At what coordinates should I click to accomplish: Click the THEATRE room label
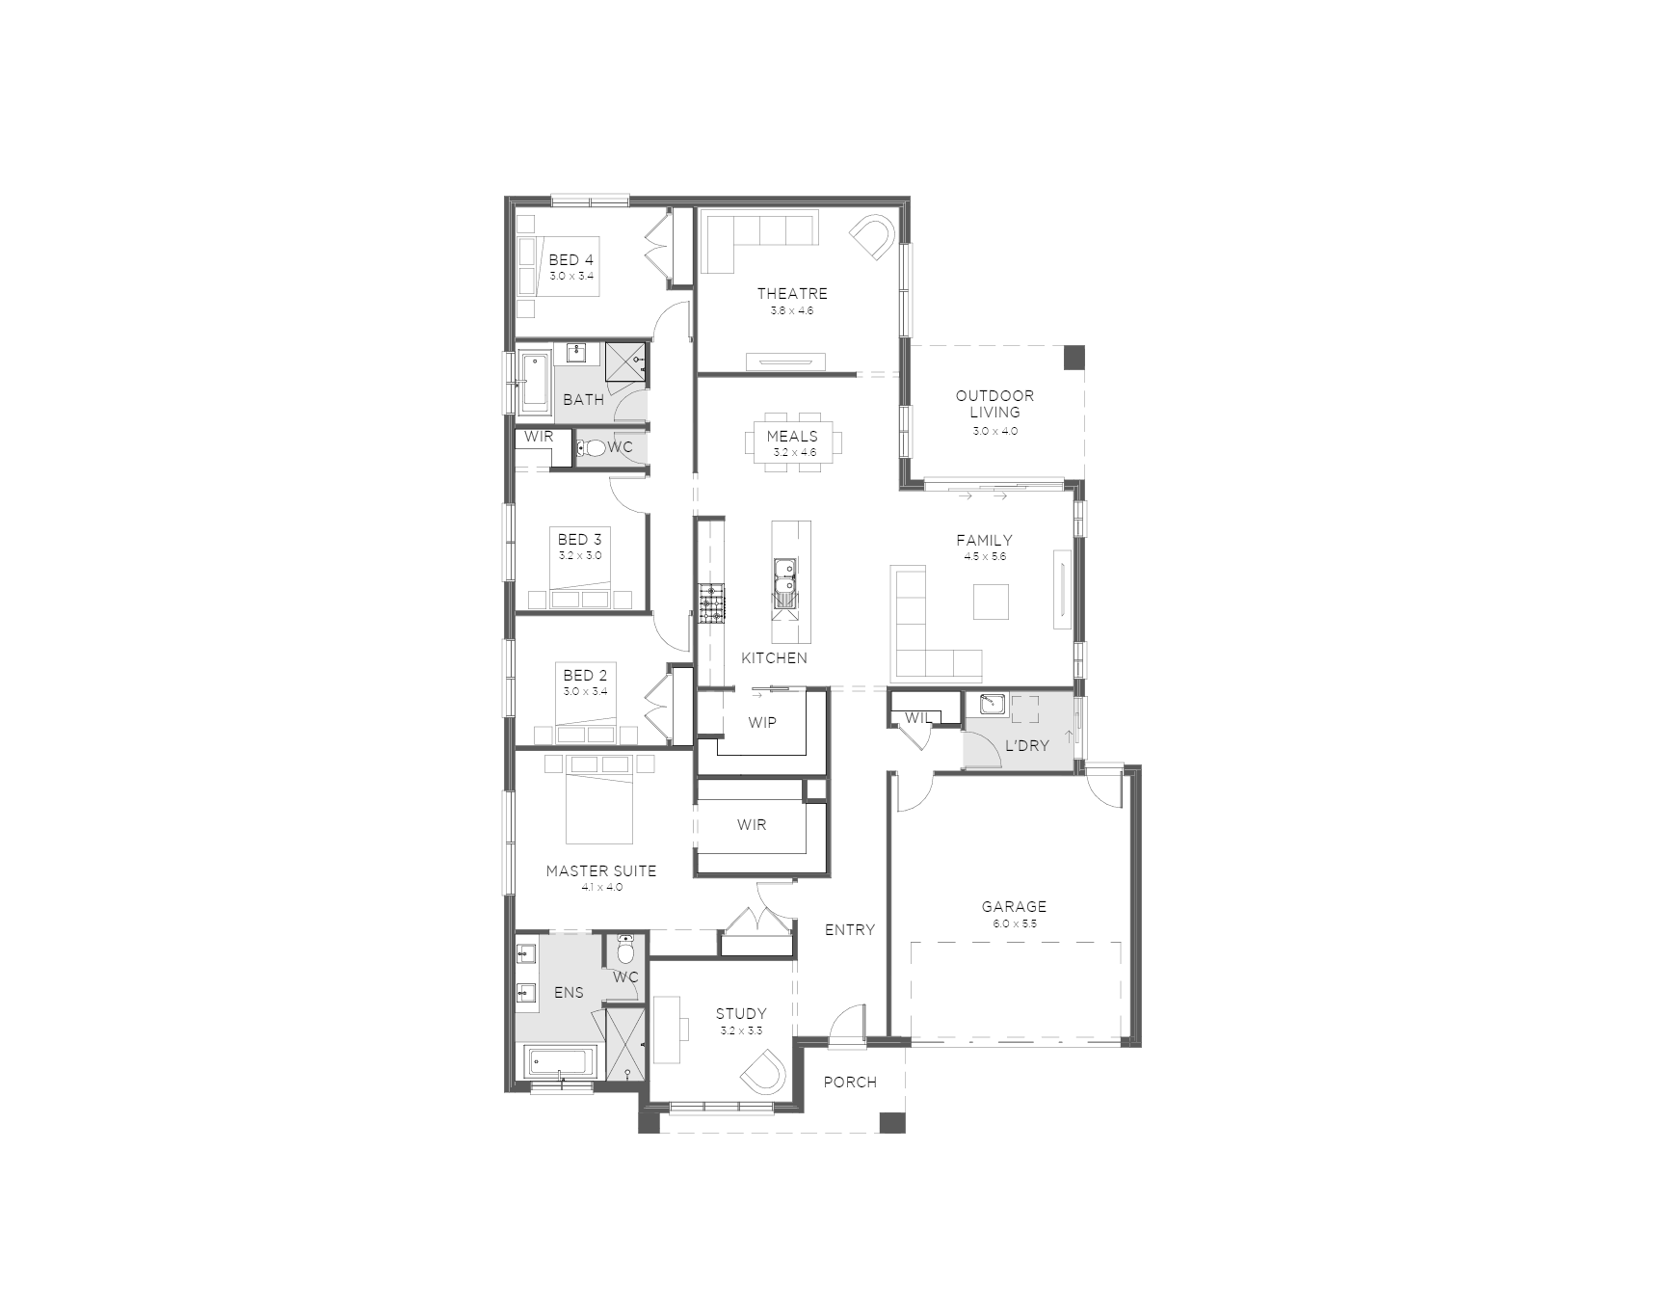coord(792,293)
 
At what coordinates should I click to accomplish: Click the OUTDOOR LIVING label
coord(995,403)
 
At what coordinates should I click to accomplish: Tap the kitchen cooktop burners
coord(712,604)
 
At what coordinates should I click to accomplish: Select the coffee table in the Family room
coord(992,602)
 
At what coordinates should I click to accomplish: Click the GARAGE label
coord(1014,906)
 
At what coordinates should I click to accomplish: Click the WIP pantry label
coord(762,722)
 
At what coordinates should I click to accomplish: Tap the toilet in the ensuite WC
coord(625,950)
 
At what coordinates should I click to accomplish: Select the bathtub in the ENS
coord(560,1063)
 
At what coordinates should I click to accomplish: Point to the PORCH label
coord(850,1083)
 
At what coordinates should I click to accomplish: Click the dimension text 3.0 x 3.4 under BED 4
coord(571,277)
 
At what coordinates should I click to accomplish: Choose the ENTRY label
coord(850,930)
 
